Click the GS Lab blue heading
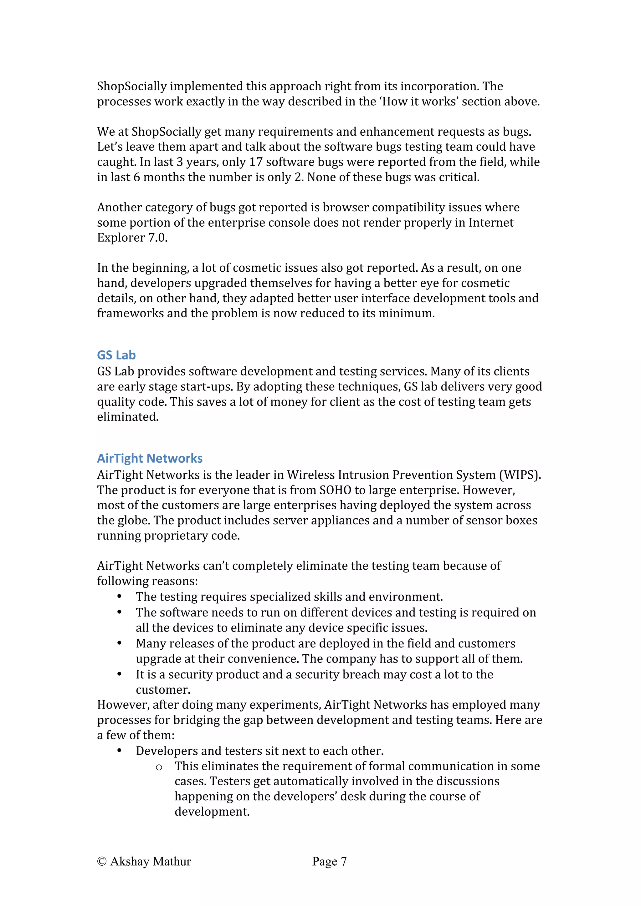click(x=116, y=355)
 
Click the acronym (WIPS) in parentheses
click(x=520, y=475)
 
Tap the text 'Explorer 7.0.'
click(x=132, y=238)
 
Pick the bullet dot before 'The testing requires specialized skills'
click(x=119, y=596)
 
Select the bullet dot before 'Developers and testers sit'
click(x=119, y=751)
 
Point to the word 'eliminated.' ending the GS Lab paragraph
click(x=128, y=417)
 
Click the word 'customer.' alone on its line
click(x=163, y=690)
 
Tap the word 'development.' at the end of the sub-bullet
click(x=212, y=812)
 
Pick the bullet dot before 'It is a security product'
click(x=119, y=674)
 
